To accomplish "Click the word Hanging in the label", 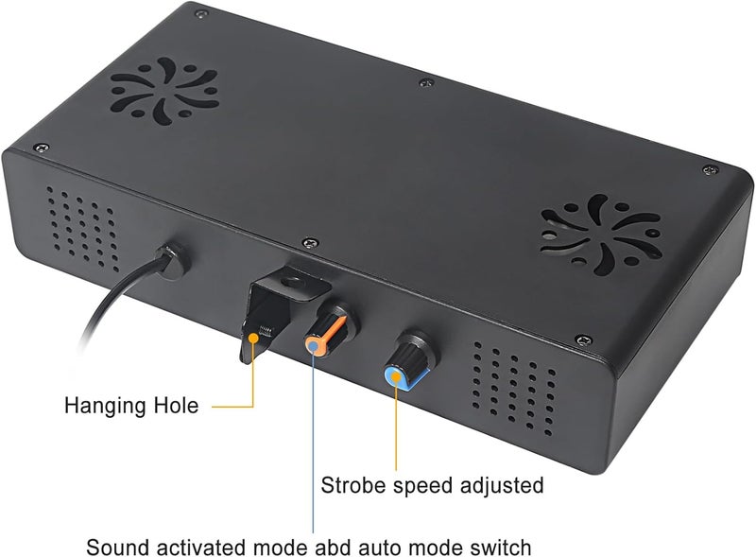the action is [105, 406].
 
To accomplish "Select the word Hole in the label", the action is [176, 405].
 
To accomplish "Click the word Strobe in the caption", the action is [353, 485].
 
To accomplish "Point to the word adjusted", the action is [502, 485].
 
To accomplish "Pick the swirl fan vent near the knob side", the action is [601, 235].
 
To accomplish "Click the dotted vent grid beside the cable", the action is [82, 228].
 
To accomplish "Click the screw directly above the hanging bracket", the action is [310, 243].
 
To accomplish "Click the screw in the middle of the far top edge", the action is [426, 83].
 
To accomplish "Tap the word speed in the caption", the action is [422, 486].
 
